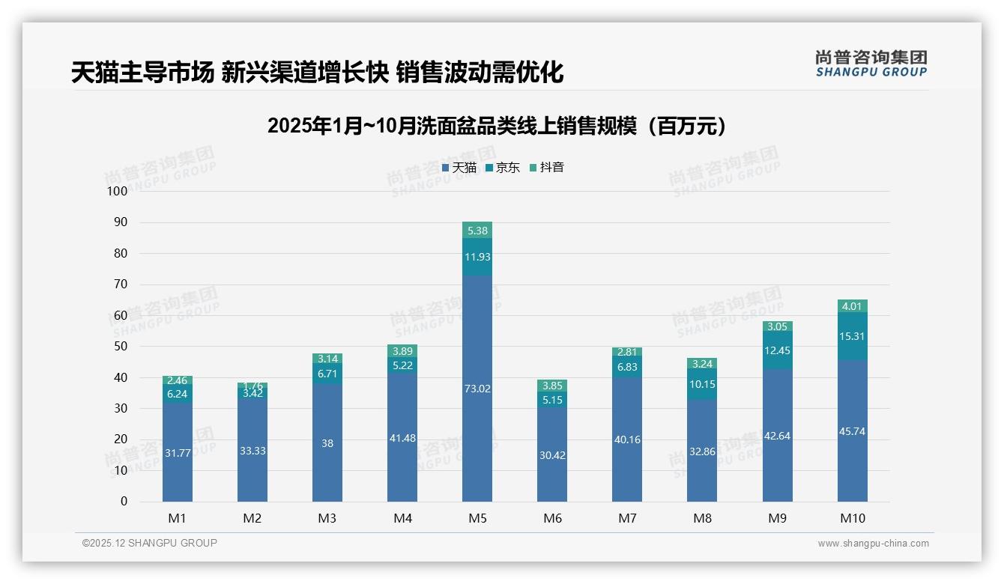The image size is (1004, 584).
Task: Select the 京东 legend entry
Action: tap(502, 168)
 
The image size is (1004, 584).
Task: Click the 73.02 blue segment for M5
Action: tap(477, 389)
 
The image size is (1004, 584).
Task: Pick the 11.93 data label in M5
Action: tap(477, 257)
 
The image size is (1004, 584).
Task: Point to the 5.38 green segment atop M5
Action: tap(477, 231)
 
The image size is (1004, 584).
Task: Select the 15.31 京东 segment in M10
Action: tap(852, 336)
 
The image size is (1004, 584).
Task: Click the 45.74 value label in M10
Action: tap(852, 431)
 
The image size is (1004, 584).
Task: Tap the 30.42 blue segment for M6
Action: tap(552, 454)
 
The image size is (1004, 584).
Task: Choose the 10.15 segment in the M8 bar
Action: tap(702, 384)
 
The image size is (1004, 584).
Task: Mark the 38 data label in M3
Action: tap(327, 443)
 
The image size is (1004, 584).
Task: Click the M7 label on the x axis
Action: tap(627, 518)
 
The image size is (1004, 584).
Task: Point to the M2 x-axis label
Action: tap(252, 518)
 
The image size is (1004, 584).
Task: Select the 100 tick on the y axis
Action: tap(118, 191)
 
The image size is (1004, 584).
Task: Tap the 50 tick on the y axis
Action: tap(120, 347)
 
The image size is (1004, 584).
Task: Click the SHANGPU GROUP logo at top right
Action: tap(871, 64)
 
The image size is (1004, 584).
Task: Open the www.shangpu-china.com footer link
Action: tap(873, 544)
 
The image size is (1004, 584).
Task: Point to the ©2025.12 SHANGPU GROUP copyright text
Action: tap(150, 543)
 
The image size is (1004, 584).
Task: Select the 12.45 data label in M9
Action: tap(777, 350)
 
